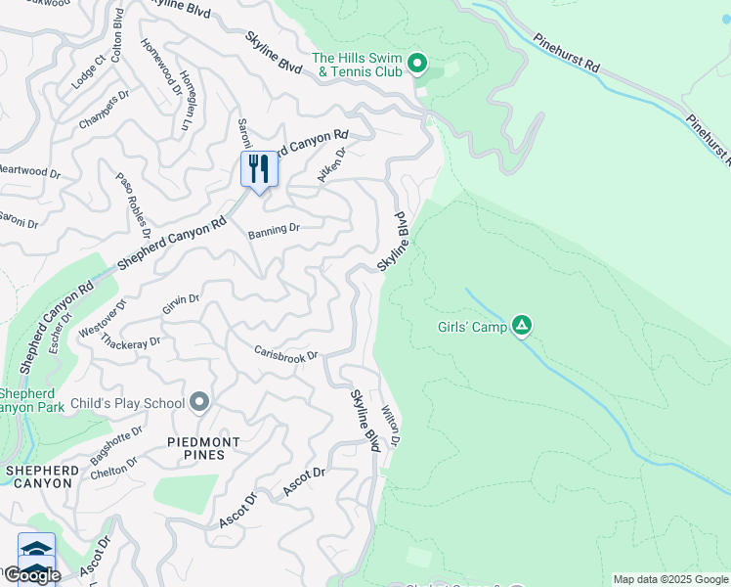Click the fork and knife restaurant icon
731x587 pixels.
click(x=259, y=169)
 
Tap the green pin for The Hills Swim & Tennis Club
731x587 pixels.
click(x=417, y=65)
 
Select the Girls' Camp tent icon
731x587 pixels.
click(x=523, y=326)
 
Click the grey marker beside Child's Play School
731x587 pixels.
click(x=200, y=402)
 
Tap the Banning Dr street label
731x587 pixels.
click(x=274, y=230)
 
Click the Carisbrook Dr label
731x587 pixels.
click(x=285, y=352)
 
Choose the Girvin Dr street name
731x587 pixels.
click(x=181, y=304)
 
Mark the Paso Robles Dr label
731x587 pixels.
click(x=133, y=206)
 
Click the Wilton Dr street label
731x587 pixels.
click(x=391, y=427)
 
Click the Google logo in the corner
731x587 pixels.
click(x=31, y=574)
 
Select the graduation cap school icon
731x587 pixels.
click(x=36, y=549)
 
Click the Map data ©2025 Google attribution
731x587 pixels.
click(x=670, y=579)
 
